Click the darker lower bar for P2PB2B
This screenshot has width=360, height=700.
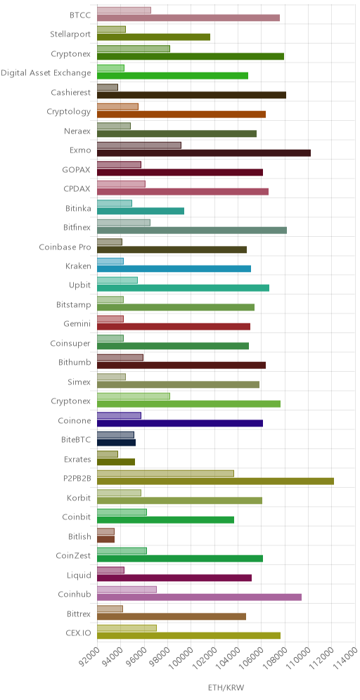pyautogui.click(x=215, y=481)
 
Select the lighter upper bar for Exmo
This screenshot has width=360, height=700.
pyautogui.click(x=139, y=145)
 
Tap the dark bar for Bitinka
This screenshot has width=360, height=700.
pyautogui.click(x=141, y=211)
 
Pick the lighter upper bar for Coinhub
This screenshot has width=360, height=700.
pyautogui.click(x=127, y=590)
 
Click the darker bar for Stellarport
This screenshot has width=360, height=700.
pyautogui.click(x=154, y=37)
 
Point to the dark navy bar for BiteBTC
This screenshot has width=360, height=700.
pyautogui.click(x=116, y=443)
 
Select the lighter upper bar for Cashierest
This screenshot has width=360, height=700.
pyautogui.click(x=108, y=87)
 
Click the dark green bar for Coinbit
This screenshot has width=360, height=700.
pyautogui.click(x=166, y=520)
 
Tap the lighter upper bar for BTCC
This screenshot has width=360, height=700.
pyautogui.click(x=124, y=11)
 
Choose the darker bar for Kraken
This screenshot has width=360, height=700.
pyautogui.click(x=174, y=268)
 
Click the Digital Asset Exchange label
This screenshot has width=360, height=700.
pyautogui.click(x=46, y=73)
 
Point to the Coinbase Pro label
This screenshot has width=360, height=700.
pyautogui.click(x=65, y=247)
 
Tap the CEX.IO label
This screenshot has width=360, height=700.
pyautogui.click(x=79, y=633)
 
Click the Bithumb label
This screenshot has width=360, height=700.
pyautogui.click(x=75, y=363)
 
